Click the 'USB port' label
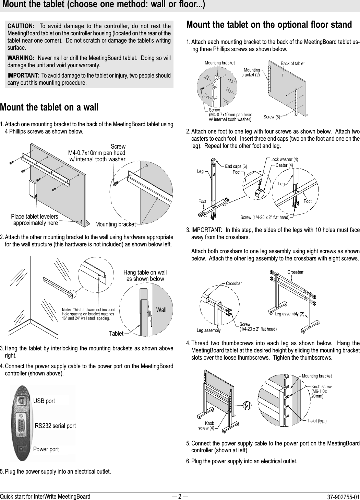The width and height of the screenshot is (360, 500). tap(44, 401)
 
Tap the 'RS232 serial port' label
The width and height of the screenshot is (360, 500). tap(55, 426)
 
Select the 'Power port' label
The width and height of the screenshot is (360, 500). tap(46, 449)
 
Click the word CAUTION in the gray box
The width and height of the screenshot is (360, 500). tap(21, 26)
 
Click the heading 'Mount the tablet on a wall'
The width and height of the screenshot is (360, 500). tap(49, 107)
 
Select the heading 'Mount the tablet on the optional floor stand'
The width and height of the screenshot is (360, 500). tap(269, 25)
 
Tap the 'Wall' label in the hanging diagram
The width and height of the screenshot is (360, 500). tap(161, 310)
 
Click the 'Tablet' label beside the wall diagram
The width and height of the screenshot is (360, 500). tap(116, 333)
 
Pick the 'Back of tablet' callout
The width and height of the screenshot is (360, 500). tap(292, 63)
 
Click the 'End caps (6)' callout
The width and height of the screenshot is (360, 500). tap(236, 166)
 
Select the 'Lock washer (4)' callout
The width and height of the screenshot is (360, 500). tap(284, 159)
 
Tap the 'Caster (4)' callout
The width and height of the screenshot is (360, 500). tap(284, 165)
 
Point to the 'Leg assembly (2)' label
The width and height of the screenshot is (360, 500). tap(289, 314)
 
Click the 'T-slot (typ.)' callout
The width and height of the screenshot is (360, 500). tap(316, 421)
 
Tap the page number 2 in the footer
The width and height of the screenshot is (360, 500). tap(180, 496)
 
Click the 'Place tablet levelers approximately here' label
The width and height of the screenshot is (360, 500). tap(35, 220)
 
